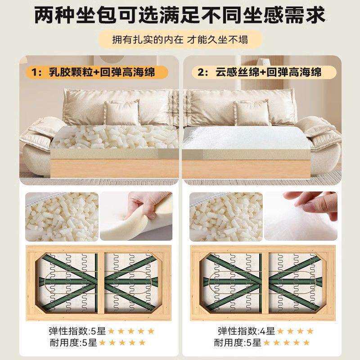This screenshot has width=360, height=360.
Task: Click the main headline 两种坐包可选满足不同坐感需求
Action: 180,15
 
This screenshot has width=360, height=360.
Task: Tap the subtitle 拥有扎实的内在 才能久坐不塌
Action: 180,40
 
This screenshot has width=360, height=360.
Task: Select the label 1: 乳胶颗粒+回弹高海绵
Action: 93,72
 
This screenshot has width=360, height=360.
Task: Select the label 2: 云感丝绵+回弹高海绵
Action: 260,72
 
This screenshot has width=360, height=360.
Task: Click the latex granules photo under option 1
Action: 62,216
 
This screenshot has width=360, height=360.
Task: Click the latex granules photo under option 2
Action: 226,216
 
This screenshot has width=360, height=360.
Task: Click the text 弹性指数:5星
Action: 77,331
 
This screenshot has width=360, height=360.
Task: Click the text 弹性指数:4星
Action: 246,331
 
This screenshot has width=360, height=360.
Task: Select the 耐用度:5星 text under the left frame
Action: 73,343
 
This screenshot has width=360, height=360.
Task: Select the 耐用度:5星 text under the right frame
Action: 238,343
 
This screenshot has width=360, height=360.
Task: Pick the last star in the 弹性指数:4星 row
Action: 310,331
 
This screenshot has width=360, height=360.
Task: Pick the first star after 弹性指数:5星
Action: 111,331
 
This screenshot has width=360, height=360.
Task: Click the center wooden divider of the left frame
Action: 101,283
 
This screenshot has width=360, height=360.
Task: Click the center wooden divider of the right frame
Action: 265,283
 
